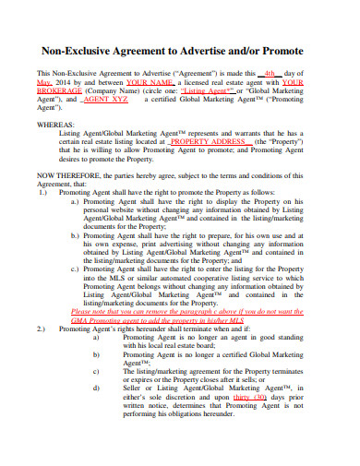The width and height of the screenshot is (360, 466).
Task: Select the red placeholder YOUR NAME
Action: (150, 82)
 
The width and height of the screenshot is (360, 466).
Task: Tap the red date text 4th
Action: (270, 73)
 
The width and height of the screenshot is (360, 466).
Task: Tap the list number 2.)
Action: (42, 329)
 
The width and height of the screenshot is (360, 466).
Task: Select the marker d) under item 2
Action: (96, 386)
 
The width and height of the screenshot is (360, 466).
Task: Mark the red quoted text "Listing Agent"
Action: (206, 91)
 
